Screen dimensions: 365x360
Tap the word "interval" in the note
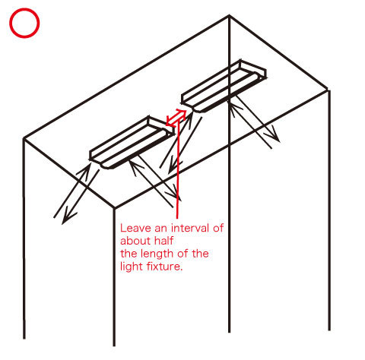190,228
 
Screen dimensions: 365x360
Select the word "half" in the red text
164,241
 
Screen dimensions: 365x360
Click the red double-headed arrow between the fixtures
176,118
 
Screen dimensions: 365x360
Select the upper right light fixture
224,86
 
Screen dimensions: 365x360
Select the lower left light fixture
132,143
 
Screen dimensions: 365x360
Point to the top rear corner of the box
229,16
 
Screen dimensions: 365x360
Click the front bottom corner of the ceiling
114,208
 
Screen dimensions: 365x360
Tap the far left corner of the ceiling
24,138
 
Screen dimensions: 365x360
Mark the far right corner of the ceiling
328,90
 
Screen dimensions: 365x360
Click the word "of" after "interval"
218,228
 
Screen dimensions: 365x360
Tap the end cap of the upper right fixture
253,68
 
